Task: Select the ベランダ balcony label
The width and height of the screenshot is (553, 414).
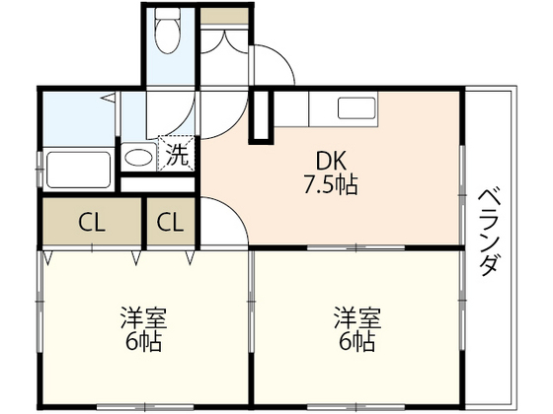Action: click(489, 231)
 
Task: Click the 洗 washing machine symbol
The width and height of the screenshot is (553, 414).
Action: click(176, 155)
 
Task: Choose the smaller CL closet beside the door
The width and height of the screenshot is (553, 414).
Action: click(170, 222)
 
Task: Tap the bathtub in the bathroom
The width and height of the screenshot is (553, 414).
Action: click(78, 171)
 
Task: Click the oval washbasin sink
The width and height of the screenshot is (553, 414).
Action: click(139, 157)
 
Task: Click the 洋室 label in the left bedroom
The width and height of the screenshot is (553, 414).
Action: click(144, 318)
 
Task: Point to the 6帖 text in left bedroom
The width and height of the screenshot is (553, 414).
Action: click(144, 342)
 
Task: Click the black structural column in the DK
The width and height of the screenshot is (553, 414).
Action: click(261, 118)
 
